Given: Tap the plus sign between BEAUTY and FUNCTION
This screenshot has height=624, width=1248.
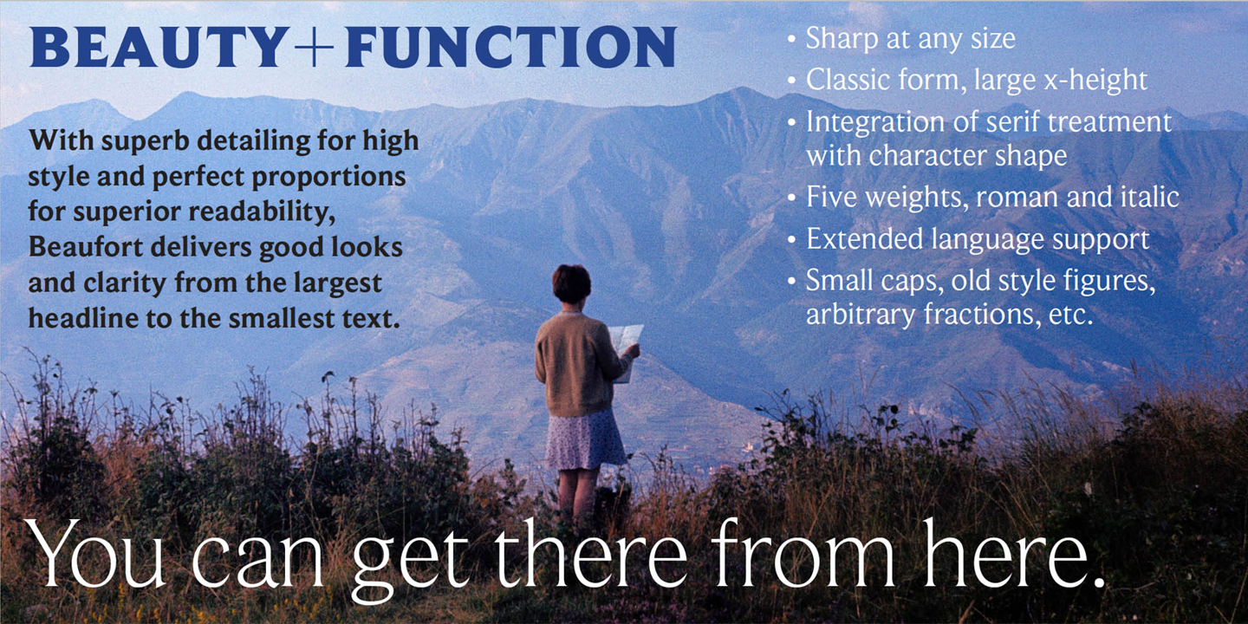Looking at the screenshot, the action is [x=315, y=47].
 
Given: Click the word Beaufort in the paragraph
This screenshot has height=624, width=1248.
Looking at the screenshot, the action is [x=87, y=246].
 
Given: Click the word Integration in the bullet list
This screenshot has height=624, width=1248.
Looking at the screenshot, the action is [x=875, y=122].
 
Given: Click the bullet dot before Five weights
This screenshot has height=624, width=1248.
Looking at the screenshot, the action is [x=792, y=198].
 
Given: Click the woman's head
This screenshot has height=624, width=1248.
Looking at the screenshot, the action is [x=572, y=284].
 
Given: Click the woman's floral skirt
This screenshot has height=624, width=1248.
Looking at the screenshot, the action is [x=586, y=440].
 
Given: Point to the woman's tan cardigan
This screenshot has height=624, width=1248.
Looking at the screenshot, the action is [x=576, y=365].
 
